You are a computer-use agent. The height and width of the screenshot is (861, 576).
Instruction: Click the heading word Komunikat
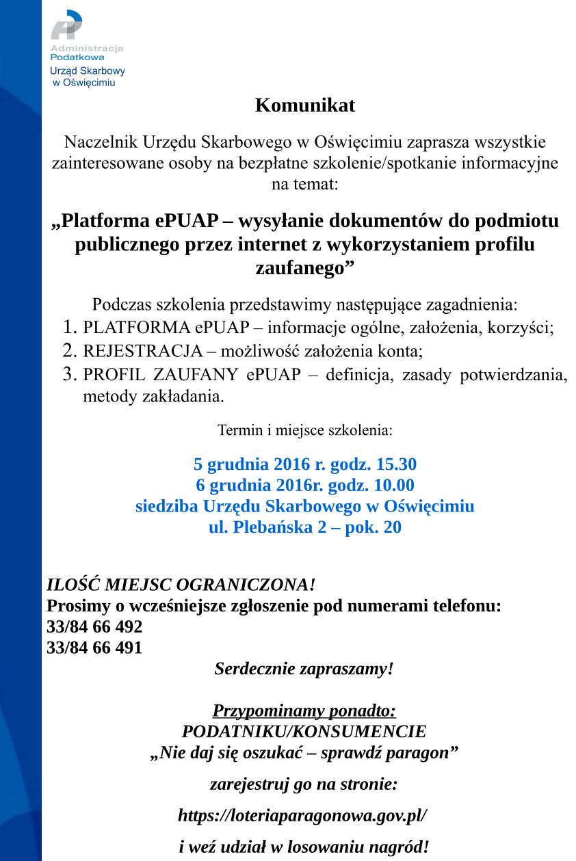pyautogui.click(x=305, y=106)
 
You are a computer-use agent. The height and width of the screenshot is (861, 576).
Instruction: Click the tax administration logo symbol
pyautogui.click(x=66, y=26)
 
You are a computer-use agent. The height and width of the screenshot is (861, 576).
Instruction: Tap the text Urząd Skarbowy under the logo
pyautogui.click(x=88, y=71)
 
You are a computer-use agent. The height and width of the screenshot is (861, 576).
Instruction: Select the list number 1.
pyautogui.click(x=70, y=328)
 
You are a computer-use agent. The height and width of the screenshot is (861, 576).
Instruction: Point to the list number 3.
pyautogui.click(x=70, y=375)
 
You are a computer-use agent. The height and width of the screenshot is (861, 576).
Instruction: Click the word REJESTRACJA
pyautogui.click(x=142, y=352)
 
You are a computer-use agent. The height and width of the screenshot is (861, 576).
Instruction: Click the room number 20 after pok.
pyautogui.click(x=393, y=528)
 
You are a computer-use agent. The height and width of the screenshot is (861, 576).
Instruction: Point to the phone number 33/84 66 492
pyautogui.click(x=94, y=627)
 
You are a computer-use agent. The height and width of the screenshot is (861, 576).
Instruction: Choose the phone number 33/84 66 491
pyautogui.click(x=94, y=648)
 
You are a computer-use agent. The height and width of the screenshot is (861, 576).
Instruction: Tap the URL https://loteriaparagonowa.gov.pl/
pyautogui.click(x=302, y=816)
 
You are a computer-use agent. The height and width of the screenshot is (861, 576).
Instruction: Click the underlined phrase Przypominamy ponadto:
pyautogui.click(x=304, y=711)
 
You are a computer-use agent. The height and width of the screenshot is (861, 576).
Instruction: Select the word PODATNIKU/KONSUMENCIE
pyautogui.click(x=304, y=732)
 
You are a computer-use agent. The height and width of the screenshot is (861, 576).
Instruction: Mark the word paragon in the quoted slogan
pyautogui.click(x=420, y=754)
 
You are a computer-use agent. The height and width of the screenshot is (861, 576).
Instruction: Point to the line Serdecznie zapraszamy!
pyautogui.click(x=304, y=669)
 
